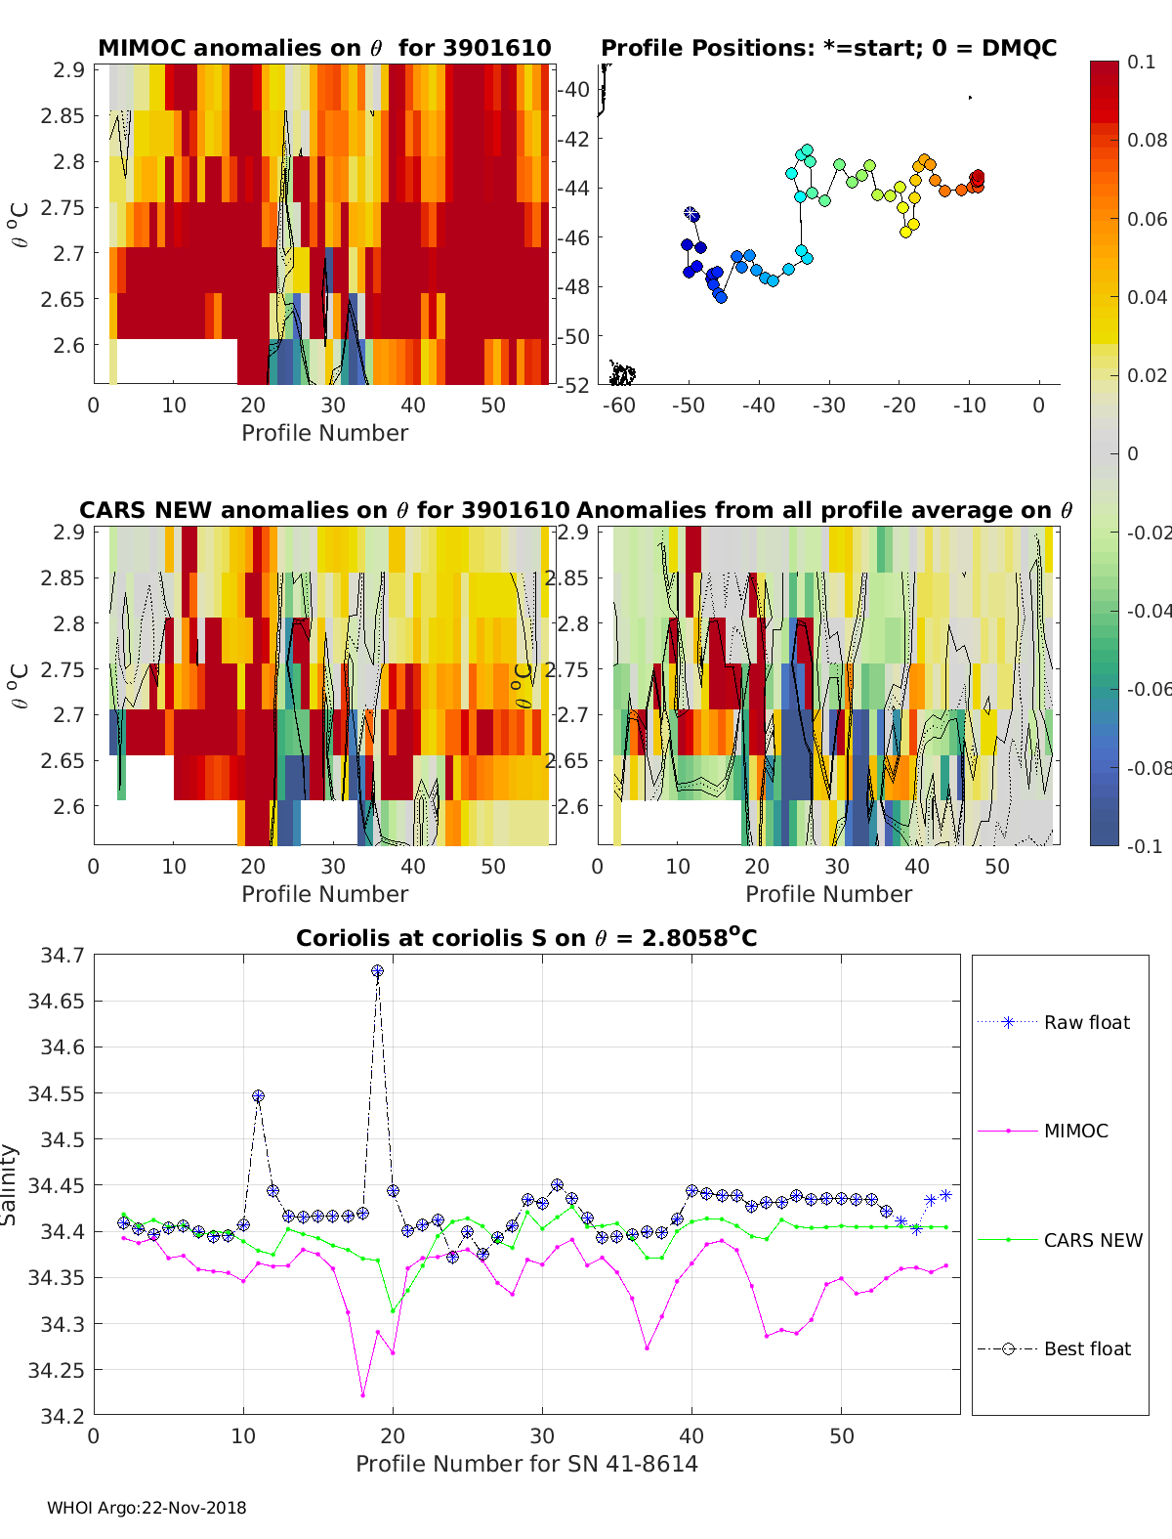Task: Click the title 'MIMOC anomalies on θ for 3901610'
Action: click(x=324, y=48)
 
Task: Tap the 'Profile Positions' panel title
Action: click(x=828, y=48)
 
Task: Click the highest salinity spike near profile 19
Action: click(x=377, y=971)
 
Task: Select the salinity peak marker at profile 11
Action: click(x=258, y=1096)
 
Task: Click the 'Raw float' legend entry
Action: click(x=1086, y=1022)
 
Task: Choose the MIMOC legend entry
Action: click(x=1075, y=1131)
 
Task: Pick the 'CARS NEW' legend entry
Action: click(x=1092, y=1240)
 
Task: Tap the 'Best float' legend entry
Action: click(x=1086, y=1348)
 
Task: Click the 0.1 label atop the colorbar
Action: click(x=1141, y=62)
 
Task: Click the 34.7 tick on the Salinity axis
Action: click(x=62, y=955)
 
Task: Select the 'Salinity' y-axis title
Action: click(x=10, y=1184)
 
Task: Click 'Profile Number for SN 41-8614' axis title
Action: click(x=526, y=1463)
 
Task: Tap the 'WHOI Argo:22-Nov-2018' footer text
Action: click(x=146, y=1508)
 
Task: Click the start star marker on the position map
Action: click(x=691, y=213)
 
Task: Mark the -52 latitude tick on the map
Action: click(x=573, y=385)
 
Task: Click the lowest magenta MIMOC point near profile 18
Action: click(x=362, y=1394)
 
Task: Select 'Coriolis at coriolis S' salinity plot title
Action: click(x=526, y=938)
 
